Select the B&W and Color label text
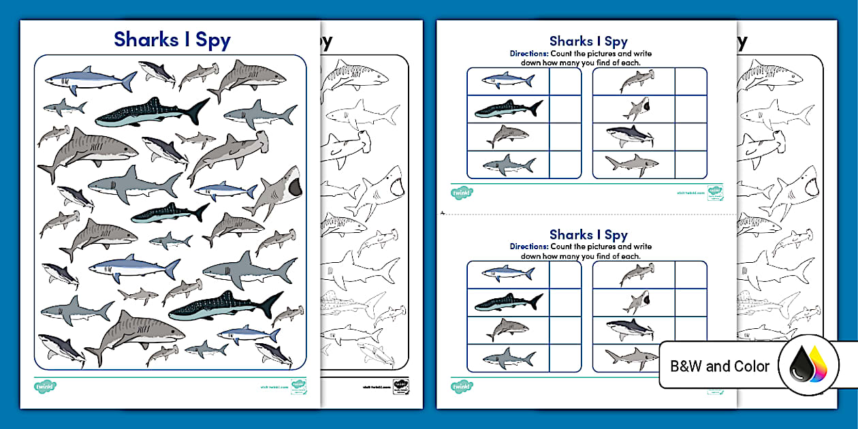coord(720,366)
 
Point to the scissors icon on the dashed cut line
coord(443,212)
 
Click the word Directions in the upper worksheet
coord(529,52)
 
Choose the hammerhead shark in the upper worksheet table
coord(633,81)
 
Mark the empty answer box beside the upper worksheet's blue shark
coord(565,81)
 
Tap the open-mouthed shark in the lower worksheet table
coord(636,301)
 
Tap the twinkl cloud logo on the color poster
coord(45,386)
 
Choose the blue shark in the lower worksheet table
coord(508,274)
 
